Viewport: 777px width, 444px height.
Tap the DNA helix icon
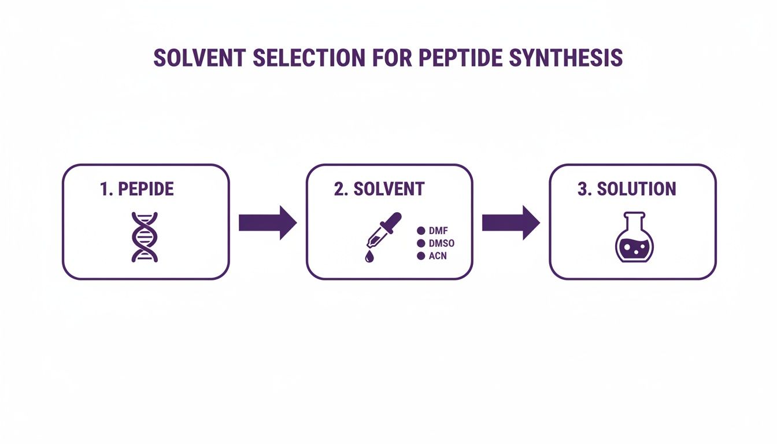tap(145, 236)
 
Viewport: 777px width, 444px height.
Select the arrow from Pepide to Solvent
tap(267, 222)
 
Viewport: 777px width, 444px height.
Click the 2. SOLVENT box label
tap(379, 189)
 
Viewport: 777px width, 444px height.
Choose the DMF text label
tap(439, 231)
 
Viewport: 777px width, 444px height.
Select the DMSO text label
tap(442, 243)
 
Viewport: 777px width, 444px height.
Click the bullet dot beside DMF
tap(421, 231)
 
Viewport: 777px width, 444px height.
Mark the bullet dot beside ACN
tap(421, 256)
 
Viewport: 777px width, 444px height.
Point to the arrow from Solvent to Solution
tap(510, 222)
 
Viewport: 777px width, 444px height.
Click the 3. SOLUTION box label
tap(627, 189)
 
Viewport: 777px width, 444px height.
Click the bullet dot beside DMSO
tap(421, 243)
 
